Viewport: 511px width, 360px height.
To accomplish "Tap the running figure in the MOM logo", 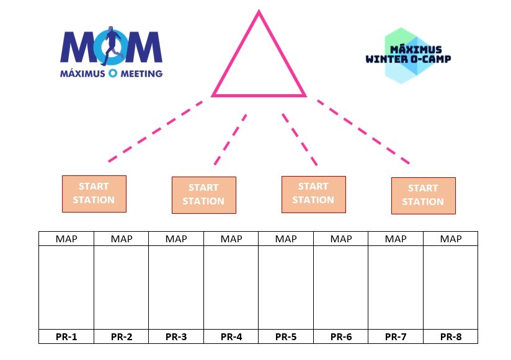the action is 112,46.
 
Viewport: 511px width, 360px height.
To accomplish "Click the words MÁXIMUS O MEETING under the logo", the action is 111,74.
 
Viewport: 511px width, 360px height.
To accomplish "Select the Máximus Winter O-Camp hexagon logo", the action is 408,56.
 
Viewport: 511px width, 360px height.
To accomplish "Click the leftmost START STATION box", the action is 94,194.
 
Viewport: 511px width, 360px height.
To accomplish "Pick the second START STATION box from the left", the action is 204,195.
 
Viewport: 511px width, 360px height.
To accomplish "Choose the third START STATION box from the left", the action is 314,195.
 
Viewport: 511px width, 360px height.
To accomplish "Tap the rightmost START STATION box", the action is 424,196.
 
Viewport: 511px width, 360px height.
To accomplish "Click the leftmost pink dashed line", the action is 156,131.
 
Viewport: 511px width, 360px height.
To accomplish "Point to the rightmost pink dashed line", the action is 363,132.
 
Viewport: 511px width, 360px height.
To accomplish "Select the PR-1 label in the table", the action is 66,336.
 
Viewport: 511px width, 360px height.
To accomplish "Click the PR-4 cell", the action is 231,336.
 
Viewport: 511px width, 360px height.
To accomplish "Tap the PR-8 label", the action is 451,336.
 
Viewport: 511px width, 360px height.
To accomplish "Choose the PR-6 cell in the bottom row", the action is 341,336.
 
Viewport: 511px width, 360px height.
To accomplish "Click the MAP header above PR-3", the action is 176,239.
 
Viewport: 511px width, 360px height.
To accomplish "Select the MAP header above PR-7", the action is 396,239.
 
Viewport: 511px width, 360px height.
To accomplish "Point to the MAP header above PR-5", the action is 286,239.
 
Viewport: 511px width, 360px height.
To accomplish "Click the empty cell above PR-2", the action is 121,288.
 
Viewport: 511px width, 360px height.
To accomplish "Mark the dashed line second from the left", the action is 231,139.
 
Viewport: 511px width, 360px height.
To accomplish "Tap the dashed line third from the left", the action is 300,139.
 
